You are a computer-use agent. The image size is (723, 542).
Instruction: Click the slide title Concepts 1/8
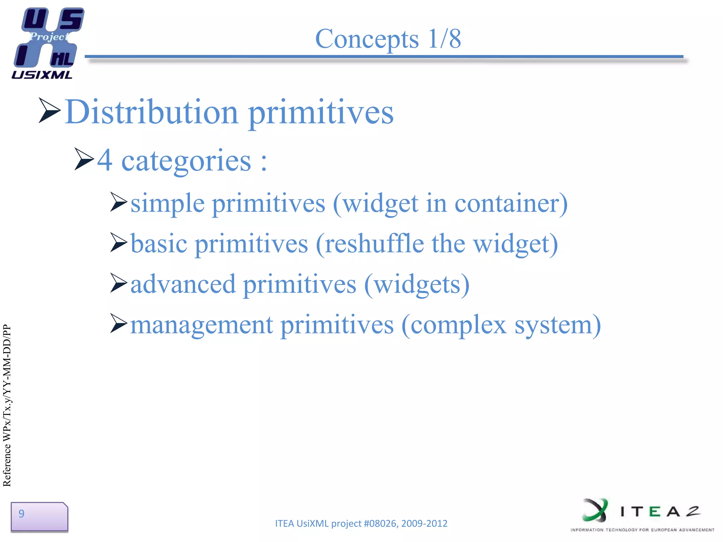pyautogui.click(x=388, y=39)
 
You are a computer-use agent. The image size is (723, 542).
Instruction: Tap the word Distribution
pyautogui.click(x=152, y=112)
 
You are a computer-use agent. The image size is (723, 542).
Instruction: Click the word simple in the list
pyautogui.click(x=167, y=204)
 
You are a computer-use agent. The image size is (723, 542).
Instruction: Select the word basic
pyautogui.click(x=159, y=244)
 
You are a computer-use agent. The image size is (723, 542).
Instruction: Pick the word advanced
pyautogui.click(x=183, y=284)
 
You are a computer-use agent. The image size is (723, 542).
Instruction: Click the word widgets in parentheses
pyautogui.click(x=417, y=285)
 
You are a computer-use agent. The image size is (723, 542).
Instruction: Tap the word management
pyautogui.click(x=202, y=325)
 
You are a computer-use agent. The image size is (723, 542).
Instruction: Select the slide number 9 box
pyautogui.click(x=39, y=517)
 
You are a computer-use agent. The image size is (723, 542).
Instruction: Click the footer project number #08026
pyautogui.click(x=380, y=523)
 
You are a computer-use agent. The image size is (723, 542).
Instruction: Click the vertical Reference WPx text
pyautogui.click(x=7, y=406)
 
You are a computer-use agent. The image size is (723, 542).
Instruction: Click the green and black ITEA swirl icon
pyautogui.click(x=595, y=510)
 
